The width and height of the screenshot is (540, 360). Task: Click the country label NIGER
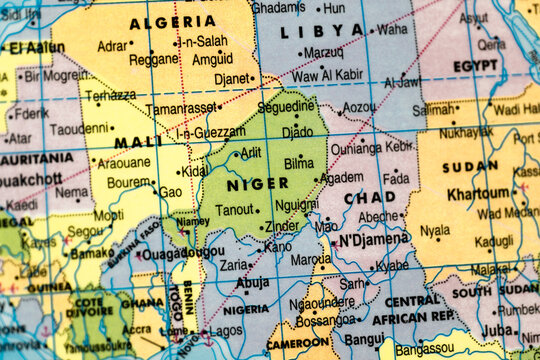click(x=257, y=183)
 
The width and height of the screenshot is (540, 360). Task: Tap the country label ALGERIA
click(x=172, y=21)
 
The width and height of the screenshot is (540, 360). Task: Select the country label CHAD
click(x=370, y=197)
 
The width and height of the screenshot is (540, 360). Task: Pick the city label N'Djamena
click(x=373, y=238)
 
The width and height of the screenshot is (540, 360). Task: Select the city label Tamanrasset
click(x=181, y=108)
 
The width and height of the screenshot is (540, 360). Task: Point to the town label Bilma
click(x=299, y=161)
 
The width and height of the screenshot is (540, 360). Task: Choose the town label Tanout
click(x=236, y=209)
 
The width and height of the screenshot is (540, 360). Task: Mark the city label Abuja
click(x=253, y=283)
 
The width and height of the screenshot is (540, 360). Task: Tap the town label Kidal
click(x=194, y=171)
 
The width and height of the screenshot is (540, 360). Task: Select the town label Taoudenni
click(x=79, y=129)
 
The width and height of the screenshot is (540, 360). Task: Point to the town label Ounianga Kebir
click(x=372, y=147)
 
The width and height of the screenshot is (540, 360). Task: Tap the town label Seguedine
click(x=286, y=106)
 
